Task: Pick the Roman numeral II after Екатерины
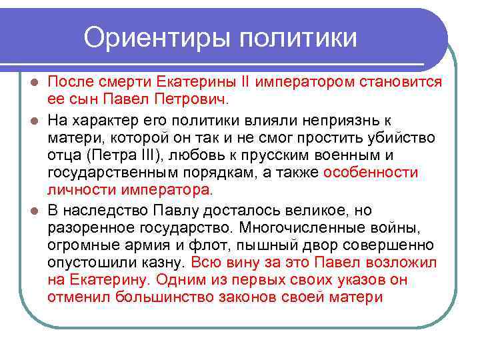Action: tap(245, 82)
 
